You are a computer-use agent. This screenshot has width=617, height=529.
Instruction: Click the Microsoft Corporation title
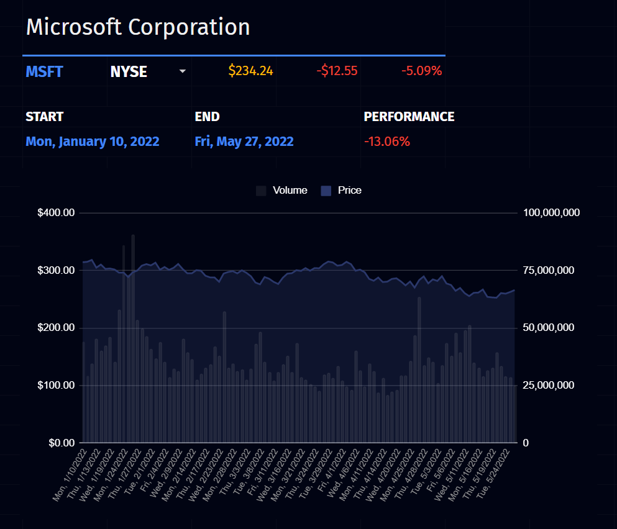point(138,27)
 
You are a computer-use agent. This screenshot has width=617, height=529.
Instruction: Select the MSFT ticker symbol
point(44,71)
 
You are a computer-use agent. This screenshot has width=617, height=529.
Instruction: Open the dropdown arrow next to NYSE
point(182,71)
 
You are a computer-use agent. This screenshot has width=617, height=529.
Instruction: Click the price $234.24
point(250,71)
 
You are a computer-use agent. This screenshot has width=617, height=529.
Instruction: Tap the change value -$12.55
point(337,71)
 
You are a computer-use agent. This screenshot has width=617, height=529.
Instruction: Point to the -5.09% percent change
point(421,71)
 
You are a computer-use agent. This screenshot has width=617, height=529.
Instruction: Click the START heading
point(44,117)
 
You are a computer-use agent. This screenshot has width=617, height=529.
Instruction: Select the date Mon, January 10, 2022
point(93,142)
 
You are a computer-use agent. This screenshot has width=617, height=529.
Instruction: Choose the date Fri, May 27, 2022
point(244,142)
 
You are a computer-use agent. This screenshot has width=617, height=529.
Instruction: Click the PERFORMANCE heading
point(409,117)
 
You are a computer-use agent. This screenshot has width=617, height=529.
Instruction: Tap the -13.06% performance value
point(386,142)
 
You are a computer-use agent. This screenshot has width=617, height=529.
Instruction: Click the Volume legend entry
point(282,191)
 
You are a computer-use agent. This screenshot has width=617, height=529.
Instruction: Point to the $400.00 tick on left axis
point(56,213)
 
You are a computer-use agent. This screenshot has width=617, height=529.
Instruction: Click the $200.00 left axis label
point(56,328)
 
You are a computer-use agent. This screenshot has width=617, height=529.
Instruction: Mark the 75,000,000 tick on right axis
point(552,271)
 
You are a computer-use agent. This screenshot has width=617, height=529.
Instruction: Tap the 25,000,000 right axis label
point(552,386)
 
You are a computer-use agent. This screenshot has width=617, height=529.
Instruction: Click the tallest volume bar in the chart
point(133,338)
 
